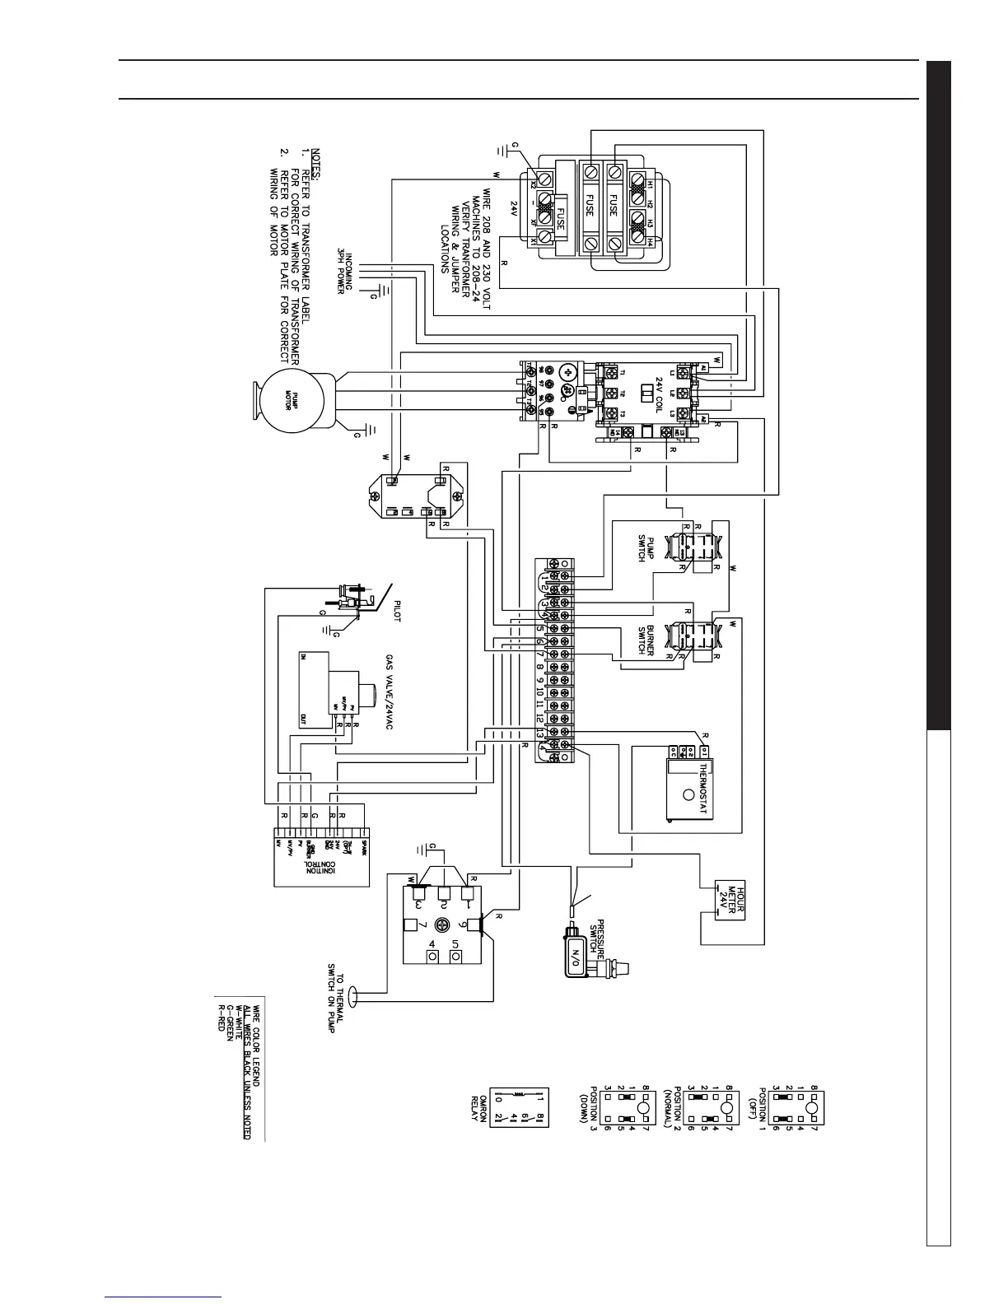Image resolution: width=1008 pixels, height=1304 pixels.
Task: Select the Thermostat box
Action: [x=689, y=789]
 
